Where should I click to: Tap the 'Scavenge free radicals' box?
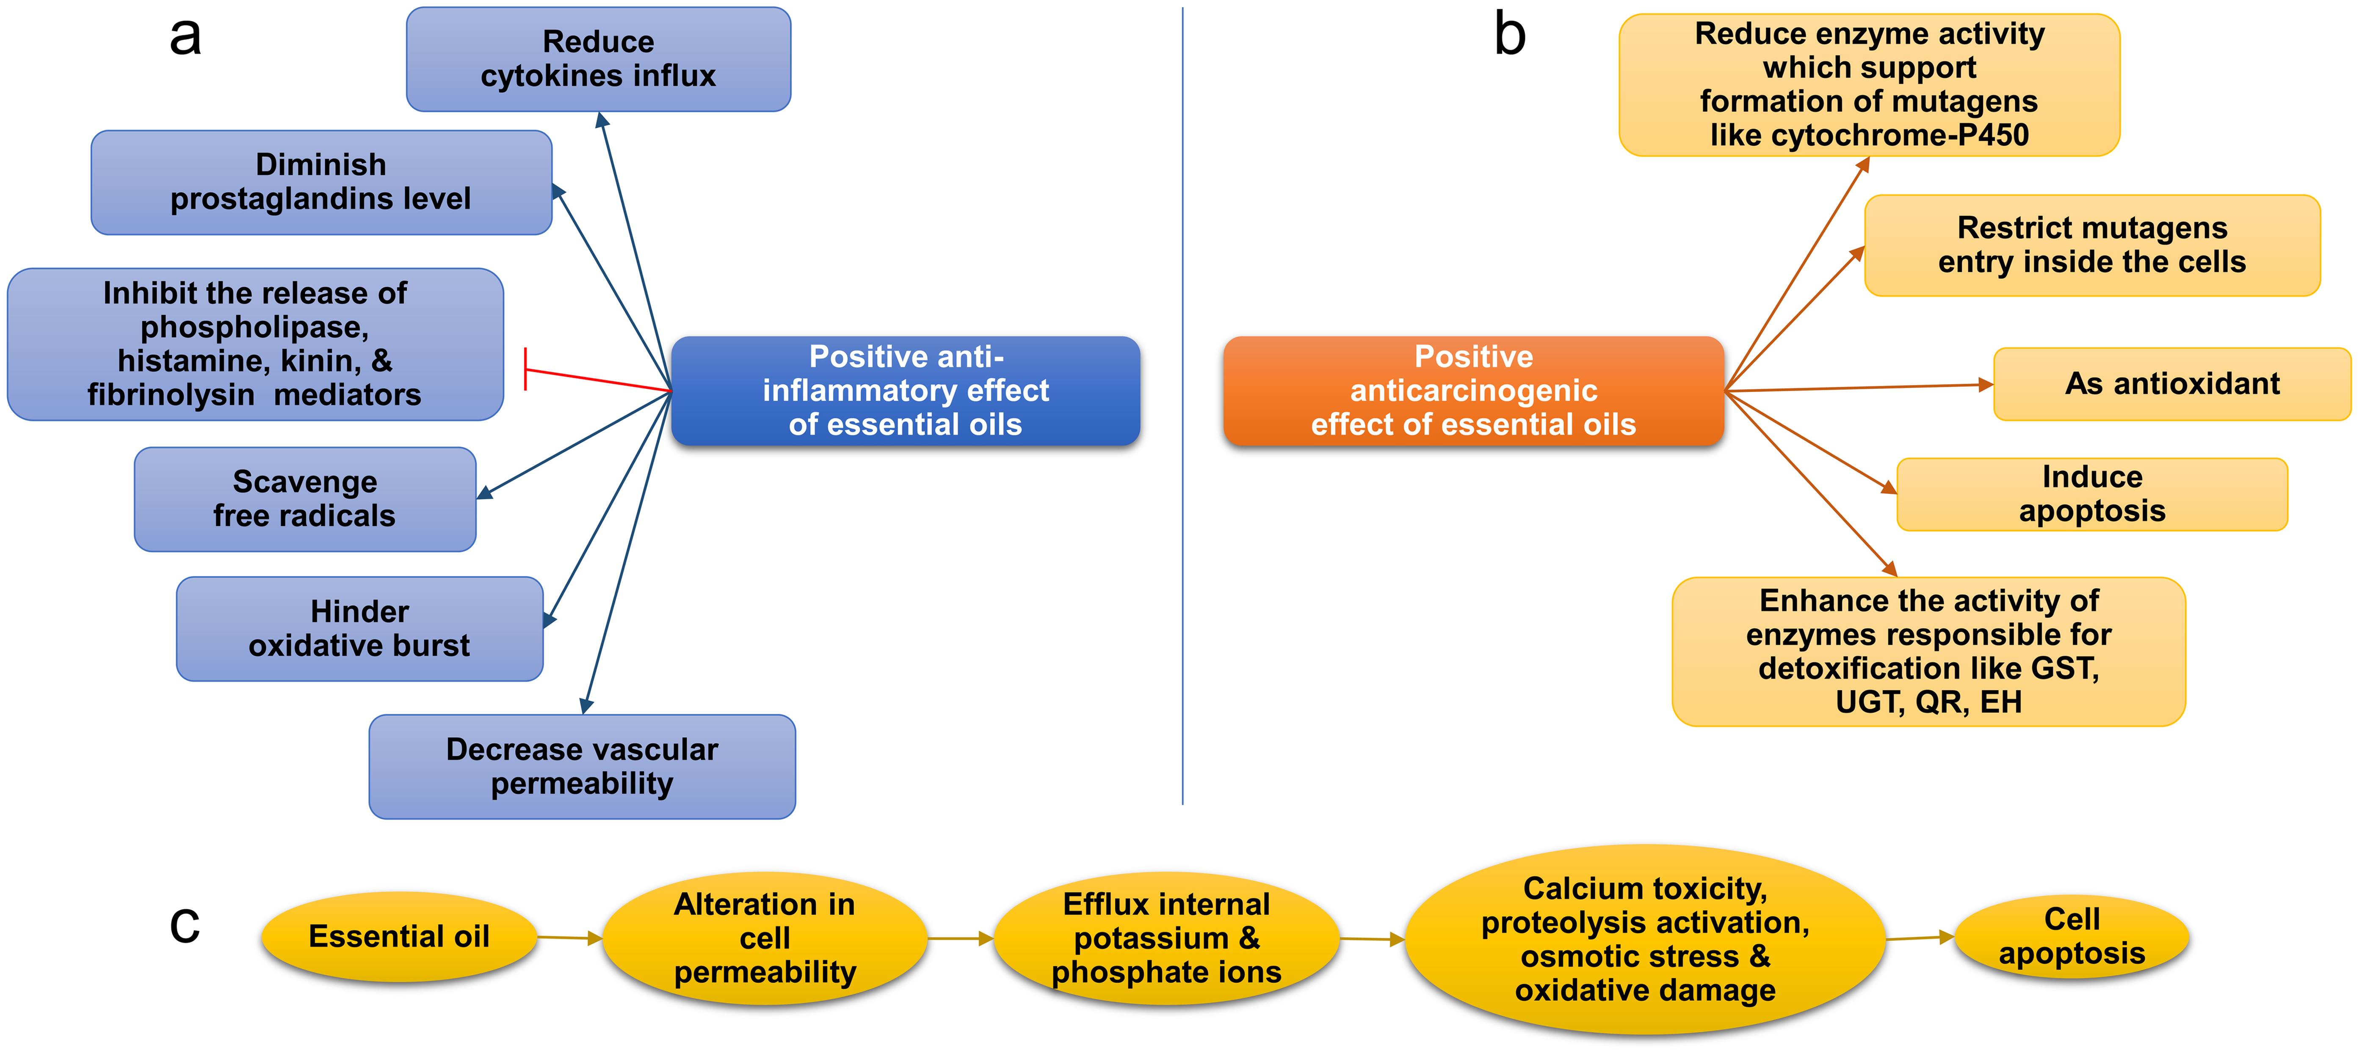click(305, 499)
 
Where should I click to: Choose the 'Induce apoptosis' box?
click(2091, 494)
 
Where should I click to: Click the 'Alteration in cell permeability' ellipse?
click(765, 938)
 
